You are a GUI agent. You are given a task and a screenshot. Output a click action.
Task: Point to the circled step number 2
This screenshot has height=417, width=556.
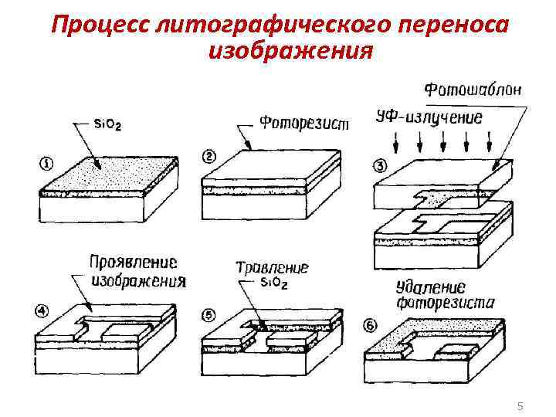pyautogui.click(x=208, y=157)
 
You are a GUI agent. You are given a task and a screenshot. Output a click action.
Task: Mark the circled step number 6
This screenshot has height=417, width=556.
pyautogui.click(x=371, y=326)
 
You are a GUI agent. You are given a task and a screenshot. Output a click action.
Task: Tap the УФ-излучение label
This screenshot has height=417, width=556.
pyautogui.click(x=429, y=117)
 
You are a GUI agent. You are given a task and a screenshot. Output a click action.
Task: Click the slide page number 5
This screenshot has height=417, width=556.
pyautogui.click(x=520, y=405)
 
